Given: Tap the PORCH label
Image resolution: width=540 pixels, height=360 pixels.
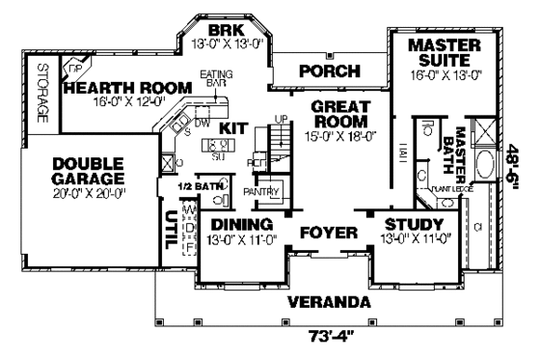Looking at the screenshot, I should [x=329, y=71].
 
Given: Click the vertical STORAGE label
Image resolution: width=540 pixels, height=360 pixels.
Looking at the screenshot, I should [x=41, y=94].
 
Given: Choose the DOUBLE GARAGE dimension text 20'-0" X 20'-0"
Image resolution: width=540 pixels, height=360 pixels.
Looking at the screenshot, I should [x=88, y=193].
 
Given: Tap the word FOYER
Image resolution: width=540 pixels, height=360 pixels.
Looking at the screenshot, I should [x=329, y=234].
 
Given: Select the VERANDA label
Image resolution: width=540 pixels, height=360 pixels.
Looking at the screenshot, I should [x=329, y=302].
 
